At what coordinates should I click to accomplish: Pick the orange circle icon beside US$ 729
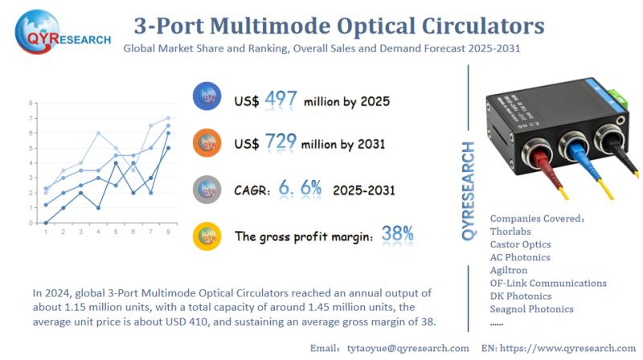207,143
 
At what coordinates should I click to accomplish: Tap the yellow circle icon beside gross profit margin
207,235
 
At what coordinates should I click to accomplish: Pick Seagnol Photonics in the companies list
531,309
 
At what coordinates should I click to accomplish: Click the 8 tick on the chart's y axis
31,103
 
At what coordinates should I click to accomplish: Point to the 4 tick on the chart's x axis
99,232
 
